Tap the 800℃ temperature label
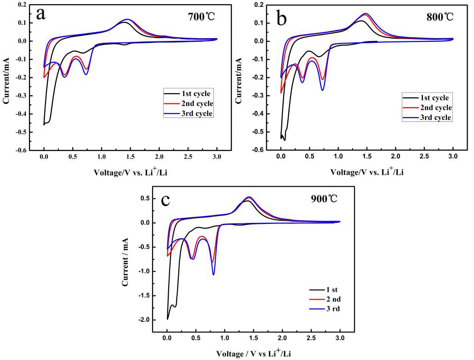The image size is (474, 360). click(x=440, y=17)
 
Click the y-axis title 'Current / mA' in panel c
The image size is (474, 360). click(x=125, y=262)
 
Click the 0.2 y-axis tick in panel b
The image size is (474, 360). click(x=259, y=5)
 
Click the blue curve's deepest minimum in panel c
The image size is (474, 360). click(x=213, y=275)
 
